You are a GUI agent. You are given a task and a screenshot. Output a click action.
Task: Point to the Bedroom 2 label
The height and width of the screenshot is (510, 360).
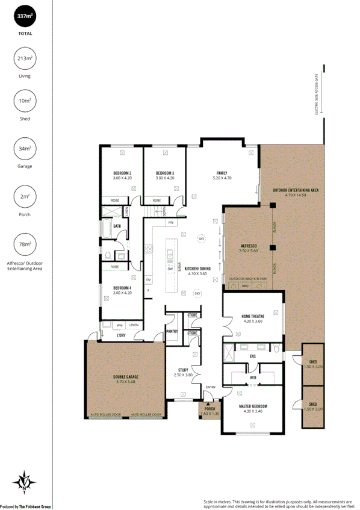click(122, 173)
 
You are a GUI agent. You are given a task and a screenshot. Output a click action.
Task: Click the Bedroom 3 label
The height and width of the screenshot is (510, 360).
click(164, 173)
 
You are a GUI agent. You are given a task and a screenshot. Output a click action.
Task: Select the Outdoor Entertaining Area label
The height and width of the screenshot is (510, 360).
click(296, 190)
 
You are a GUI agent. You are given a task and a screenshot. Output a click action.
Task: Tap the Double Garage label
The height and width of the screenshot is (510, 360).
click(125, 378)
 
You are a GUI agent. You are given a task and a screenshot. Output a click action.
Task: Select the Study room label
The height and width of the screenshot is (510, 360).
click(183, 370)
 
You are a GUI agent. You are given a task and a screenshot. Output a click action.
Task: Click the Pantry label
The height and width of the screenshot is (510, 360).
click(171, 331)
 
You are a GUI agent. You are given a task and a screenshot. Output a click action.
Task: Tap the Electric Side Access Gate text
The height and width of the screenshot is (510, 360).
click(317, 95)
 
